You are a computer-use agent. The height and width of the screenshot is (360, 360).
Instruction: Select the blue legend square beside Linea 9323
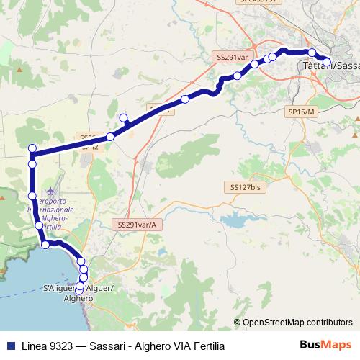click(9, 346)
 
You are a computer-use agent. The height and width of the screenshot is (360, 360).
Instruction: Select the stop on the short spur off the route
click(123, 118)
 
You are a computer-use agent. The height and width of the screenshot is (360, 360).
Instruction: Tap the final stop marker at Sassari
click(326, 62)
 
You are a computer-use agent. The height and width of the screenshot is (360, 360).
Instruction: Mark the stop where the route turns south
click(32, 149)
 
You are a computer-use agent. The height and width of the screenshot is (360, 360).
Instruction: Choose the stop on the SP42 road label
click(110, 137)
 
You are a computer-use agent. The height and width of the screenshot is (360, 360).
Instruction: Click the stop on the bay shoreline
click(45, 246)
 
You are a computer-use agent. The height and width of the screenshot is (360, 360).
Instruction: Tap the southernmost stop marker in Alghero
click(79, 290)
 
